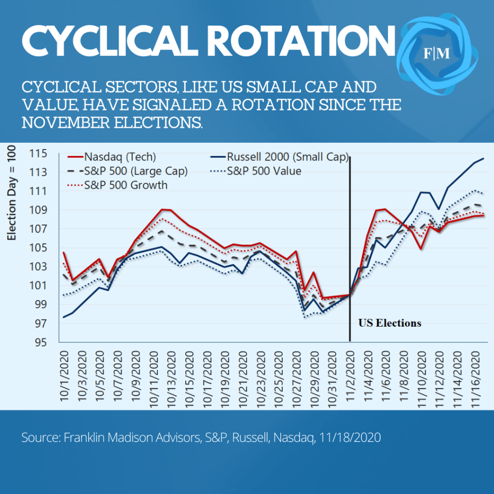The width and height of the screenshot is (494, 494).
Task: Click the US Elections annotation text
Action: [x=389, y=323]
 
